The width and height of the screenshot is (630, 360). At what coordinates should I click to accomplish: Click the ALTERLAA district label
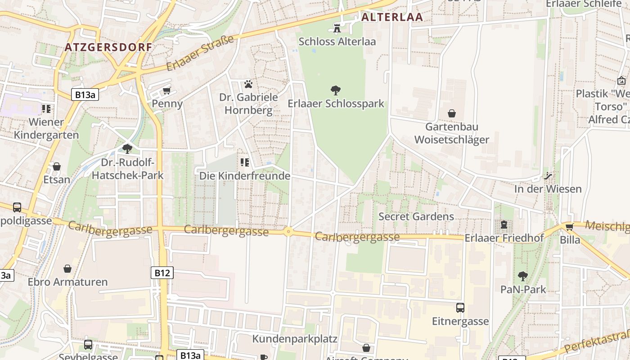point(392,17)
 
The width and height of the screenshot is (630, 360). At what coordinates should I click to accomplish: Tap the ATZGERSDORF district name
point(108,47)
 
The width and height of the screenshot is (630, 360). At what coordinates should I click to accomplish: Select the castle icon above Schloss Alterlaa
point(337,28)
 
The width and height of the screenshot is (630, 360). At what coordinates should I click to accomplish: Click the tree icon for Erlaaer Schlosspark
point(335,90)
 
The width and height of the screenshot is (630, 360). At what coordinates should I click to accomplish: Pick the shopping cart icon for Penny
point(166,90)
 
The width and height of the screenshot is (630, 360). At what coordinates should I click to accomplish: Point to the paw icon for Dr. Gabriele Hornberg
point(248,84)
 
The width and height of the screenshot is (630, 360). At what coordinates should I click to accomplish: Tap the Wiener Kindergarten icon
point(46,108)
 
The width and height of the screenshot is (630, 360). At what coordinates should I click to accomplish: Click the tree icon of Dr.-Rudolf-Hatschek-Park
point(127,148)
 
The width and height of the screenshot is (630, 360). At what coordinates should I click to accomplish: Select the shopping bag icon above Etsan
point(57,166)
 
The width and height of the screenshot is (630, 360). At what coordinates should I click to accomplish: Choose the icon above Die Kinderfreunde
point(245,162)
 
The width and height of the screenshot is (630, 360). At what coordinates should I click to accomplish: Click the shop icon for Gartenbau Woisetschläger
point(451,113)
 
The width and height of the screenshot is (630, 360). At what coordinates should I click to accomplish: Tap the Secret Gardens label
point(416,216)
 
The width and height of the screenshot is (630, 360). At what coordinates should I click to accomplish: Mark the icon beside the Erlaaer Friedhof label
point(504,224)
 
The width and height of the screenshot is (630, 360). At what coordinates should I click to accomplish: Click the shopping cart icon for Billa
point(570,226)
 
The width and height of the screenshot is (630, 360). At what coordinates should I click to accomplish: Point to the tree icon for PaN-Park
point(523,276)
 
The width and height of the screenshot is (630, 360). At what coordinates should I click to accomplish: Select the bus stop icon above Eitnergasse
point(460,308)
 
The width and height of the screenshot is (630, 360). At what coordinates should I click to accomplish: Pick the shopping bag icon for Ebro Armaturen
point(67,269)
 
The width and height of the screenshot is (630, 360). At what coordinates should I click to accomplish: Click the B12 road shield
point(162,273)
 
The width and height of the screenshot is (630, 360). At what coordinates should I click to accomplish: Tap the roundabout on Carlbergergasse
point(288,232)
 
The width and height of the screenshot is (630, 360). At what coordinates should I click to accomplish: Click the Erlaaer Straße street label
point(200,53)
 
